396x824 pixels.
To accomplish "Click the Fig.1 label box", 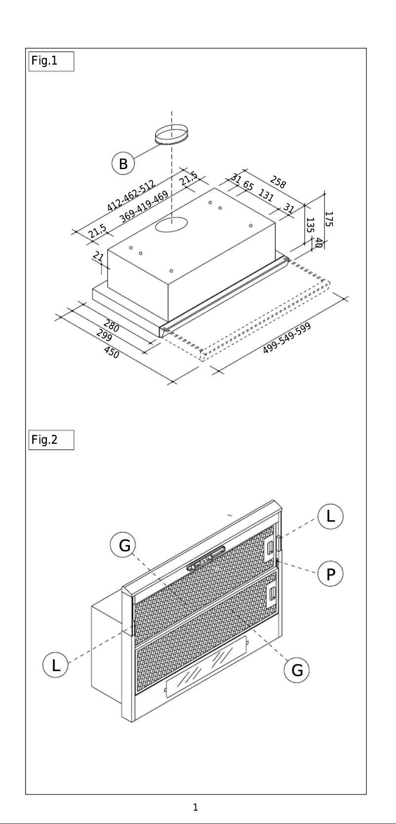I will [51, 62].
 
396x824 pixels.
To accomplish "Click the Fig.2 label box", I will [51, 440].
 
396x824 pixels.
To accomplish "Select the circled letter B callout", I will [123, 164].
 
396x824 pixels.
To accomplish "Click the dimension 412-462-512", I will [131, 196].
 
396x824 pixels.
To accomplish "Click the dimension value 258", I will [278, 182].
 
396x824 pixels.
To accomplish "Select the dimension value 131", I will [266, 196].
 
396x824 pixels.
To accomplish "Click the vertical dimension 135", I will [310, 225].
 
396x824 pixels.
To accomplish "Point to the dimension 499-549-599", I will [286, 338].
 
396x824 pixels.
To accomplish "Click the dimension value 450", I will [112, 352].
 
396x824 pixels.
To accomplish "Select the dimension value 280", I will [112, 326].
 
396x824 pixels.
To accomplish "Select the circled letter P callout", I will [330, 574].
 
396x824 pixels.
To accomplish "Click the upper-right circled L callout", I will [330, 517].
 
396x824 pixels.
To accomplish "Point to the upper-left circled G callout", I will [123, 546].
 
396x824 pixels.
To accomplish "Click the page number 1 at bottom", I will [196, 808].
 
